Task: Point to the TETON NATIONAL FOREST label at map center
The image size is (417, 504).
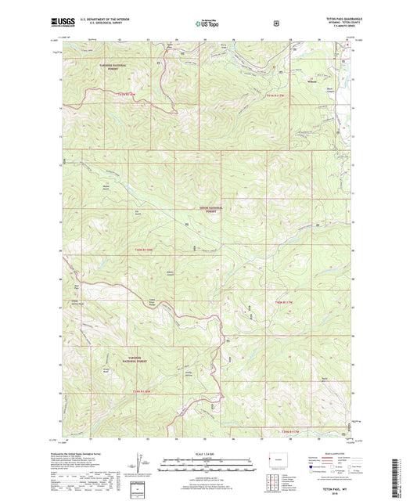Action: pyautogui.click(x=209, y=209)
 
